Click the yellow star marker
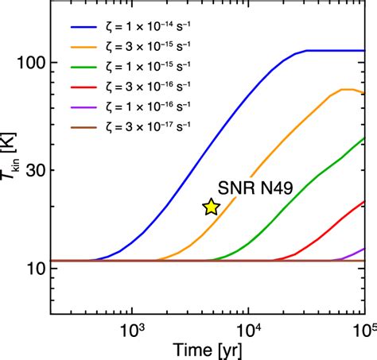click(211, 207)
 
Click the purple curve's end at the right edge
click(365, 249)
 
